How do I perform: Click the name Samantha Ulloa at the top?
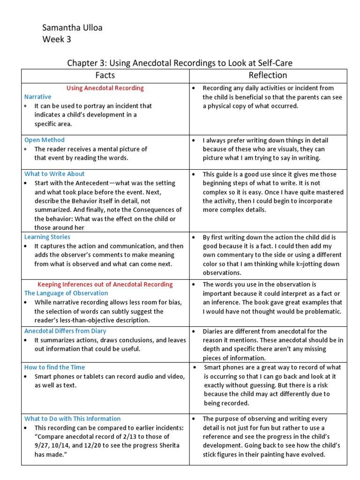click(72, 28)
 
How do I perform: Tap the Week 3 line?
click(57, 39)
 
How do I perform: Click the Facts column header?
click(105, 75)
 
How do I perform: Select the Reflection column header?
click(268, 75)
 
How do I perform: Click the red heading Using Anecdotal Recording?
click(105, 88)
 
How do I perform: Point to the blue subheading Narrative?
click(38, 97)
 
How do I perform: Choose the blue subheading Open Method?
click(45, 140)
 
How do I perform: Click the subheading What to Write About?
click(54, 174)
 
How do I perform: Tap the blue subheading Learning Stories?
click(47, 237)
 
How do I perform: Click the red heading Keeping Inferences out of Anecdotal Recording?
click(105, 285)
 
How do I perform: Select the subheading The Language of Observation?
click(66, 293)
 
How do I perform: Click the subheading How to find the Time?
click(54, 367)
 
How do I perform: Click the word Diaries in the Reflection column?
click(214, 331)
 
